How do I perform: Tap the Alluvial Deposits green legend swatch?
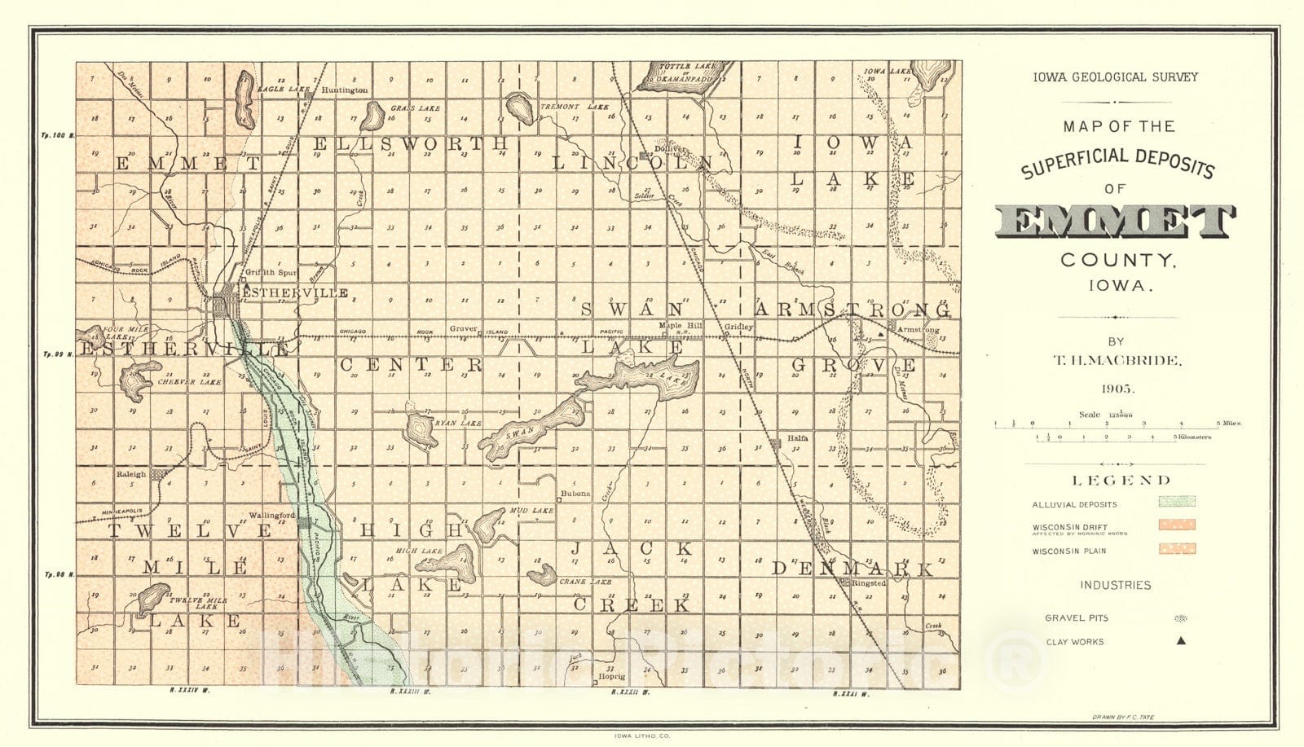pyautogui.click(x=1178, y=503)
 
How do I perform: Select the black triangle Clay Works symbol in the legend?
pyautogui.click(x=1181, y=641)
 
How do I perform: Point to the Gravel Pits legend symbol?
pyautogui.click(x=1180, y=618)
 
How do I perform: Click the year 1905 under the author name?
pyautogui.click(x=1115, y=388)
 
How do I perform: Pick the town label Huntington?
pyautogui.click(x=345, y=90)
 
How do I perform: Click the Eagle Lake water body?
pyautogui.click(x=244, y=94)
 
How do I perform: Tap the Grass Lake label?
pyautogui.click(x=415, y=108)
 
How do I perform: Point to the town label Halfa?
pyautogui.click(x=798, y=437)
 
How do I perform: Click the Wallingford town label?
pyautogui.click(x=271, y=515)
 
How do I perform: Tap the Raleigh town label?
pyautogui.click(x=131, y=474)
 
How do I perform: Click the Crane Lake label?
pyautogui.click(x=584, y=582)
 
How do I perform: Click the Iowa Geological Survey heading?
pyautogui.click(x=1115, y=77)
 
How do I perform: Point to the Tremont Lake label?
pyautogui.click(x=580, y=107)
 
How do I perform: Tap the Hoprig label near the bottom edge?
pyautogui.click(x=611, y=677)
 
